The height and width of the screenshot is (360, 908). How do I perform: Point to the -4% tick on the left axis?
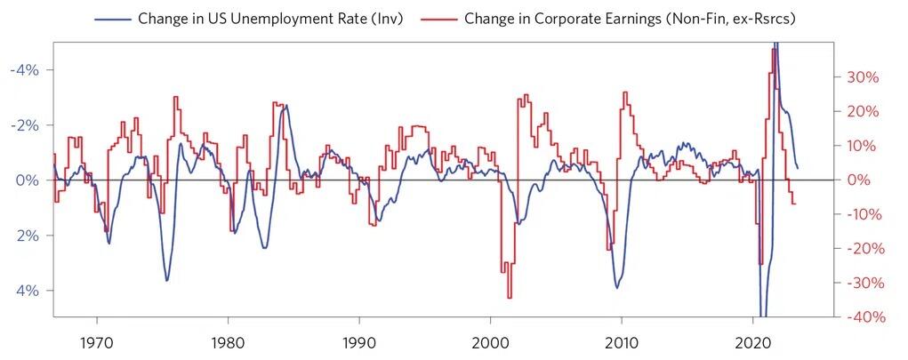coord(26,69)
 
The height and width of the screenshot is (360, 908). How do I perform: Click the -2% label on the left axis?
coord(26,124)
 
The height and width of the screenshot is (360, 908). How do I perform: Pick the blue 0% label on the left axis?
coord(29,180)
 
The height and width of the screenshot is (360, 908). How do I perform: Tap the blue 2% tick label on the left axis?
coord(29,235)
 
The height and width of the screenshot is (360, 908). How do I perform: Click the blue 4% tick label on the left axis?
coord(29,291)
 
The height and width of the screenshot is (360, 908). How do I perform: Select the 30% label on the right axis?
coord(862,77)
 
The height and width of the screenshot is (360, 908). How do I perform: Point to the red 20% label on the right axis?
coord(862,111)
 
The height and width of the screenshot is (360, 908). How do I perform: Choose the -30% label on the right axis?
coord(859,283)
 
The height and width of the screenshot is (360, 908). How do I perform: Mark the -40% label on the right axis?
coord(859,317)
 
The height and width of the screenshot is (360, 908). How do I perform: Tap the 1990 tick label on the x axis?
coord(358,343)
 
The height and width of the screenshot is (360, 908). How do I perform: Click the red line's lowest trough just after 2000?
coord(510,298)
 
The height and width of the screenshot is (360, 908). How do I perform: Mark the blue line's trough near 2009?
coord(617,287)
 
